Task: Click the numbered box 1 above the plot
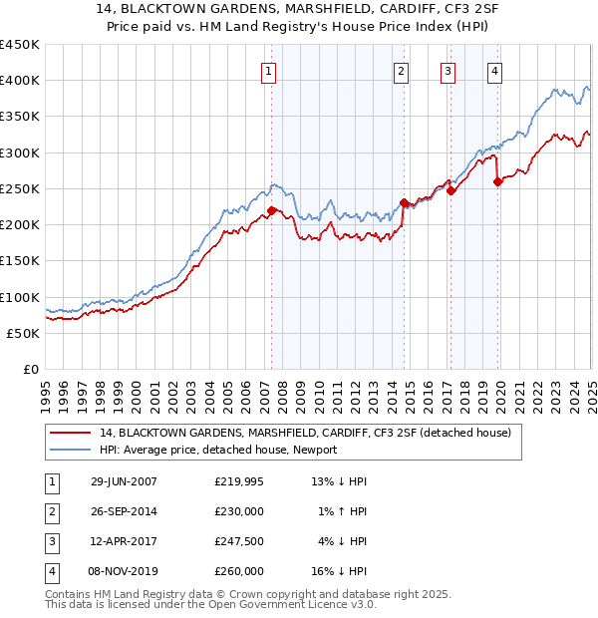[x=270, y=70]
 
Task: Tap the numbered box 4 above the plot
[x=495, y=70]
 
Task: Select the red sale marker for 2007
[x=271, y=210]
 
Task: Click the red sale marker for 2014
[x=404, y=203]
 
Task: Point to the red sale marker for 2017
[x=450, y=190]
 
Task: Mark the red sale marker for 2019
[x=498, y=181]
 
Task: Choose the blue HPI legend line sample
[x=70, y=450]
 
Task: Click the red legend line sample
[x=70, y=433]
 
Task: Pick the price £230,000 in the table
[x=239, y=511]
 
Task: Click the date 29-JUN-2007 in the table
[x=124, y=481]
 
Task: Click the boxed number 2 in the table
[x=50, y=511]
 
